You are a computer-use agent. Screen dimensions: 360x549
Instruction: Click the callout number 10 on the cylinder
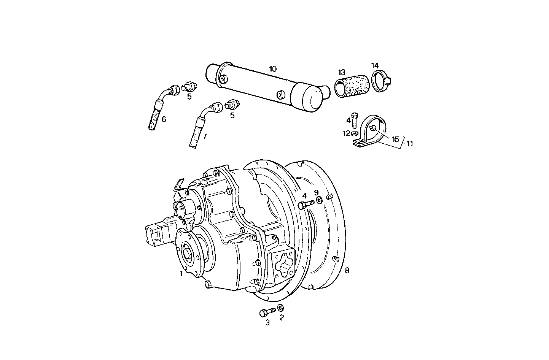[x=273, y=69]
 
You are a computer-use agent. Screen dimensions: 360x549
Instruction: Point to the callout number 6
[x=164, y=119]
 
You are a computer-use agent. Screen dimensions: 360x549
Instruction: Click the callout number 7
[x=204, y=136]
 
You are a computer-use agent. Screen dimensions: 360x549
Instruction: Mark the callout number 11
[x=409, y=144]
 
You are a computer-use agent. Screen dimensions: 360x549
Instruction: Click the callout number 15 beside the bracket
[x=396, y=139]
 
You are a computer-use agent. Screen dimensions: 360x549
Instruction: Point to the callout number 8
[x=347, y=270]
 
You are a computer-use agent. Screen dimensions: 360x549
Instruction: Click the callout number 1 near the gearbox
[x=181, y=273]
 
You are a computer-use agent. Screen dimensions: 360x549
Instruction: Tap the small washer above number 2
[x=281, y=307]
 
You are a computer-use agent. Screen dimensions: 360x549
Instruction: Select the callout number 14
[x=375, y=65]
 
